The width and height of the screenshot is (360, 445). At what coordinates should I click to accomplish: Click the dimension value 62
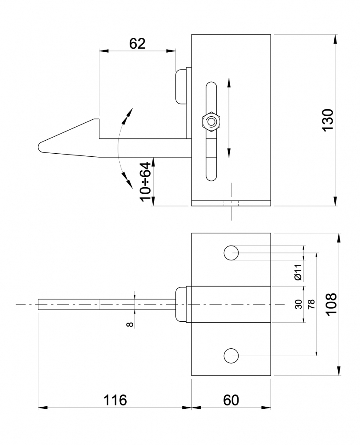tap(137, 44)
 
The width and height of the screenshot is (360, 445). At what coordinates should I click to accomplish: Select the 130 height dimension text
tap(327, 120)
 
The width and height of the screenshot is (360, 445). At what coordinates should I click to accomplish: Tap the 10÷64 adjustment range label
tap(147, 181)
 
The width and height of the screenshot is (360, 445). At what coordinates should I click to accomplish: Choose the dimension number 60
tap(231, 400)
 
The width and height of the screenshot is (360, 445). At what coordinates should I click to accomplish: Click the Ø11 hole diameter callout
tap(298, 272)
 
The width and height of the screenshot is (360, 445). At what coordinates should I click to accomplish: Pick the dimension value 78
tap(311, 304)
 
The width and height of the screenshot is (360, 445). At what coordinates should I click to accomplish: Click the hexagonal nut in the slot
tap(211, 121)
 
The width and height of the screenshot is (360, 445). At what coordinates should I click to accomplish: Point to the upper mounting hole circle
tap(231, 253)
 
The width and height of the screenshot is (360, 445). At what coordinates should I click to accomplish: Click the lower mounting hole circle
tap(231, 356)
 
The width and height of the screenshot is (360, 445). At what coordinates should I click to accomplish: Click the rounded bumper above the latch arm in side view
tap(181, 86)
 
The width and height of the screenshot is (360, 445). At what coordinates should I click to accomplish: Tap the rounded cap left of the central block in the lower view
tap(180, 304)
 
